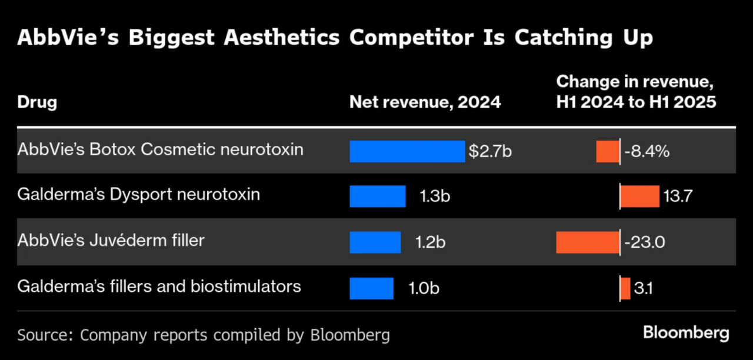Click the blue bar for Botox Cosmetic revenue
click(407, 151)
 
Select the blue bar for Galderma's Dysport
click(378, 196)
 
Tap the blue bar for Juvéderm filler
click(375, 242)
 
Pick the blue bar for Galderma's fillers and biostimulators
click(372, 288)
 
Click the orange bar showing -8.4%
click(608, 151)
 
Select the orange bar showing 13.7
click(640, 196)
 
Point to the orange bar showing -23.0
click(588, 242)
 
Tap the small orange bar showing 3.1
click(625, 288)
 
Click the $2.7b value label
click(490, 151)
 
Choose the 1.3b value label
click(435, 196)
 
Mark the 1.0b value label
click(424, 288)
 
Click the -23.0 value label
click(645, 242)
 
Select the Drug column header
click(37, 102)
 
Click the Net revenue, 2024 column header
click(425, 102)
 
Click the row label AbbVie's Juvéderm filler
click(111, 240)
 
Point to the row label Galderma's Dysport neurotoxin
click(139, 194)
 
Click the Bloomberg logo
click(686, 333)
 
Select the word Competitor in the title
click(411, 37)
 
